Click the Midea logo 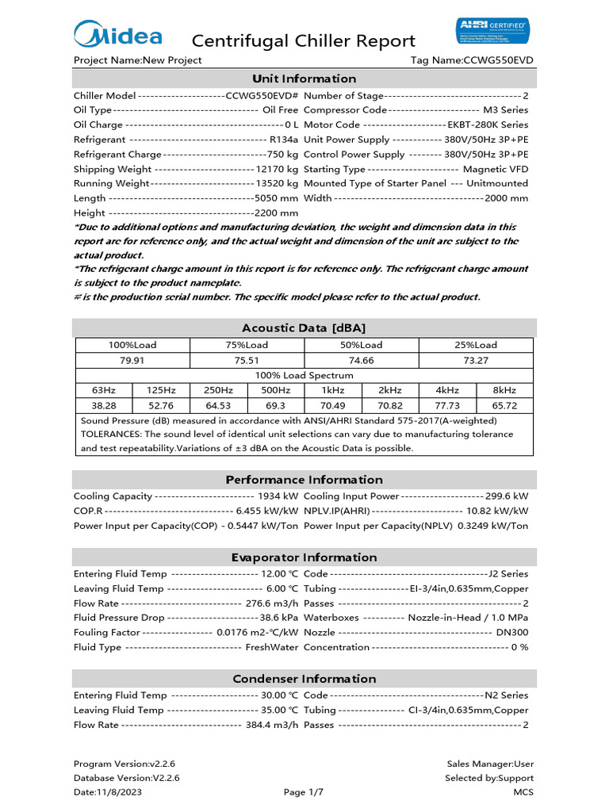click(x=118, y=36)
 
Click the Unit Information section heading click(x=304, y=79)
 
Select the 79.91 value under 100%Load click(x=132, y=360)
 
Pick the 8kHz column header click(x=504, y=390)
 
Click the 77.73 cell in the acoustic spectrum click(x=447, y=405)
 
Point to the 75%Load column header click(x=247, y=345)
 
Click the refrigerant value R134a click(x=284, y=140)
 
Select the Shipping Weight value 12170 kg click(x=277, y=169)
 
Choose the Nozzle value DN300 click(x=511, y=632)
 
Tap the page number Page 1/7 click(x=304, y=792)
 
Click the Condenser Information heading click(x=304, y=679)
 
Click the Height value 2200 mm click(x=276, y=213)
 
